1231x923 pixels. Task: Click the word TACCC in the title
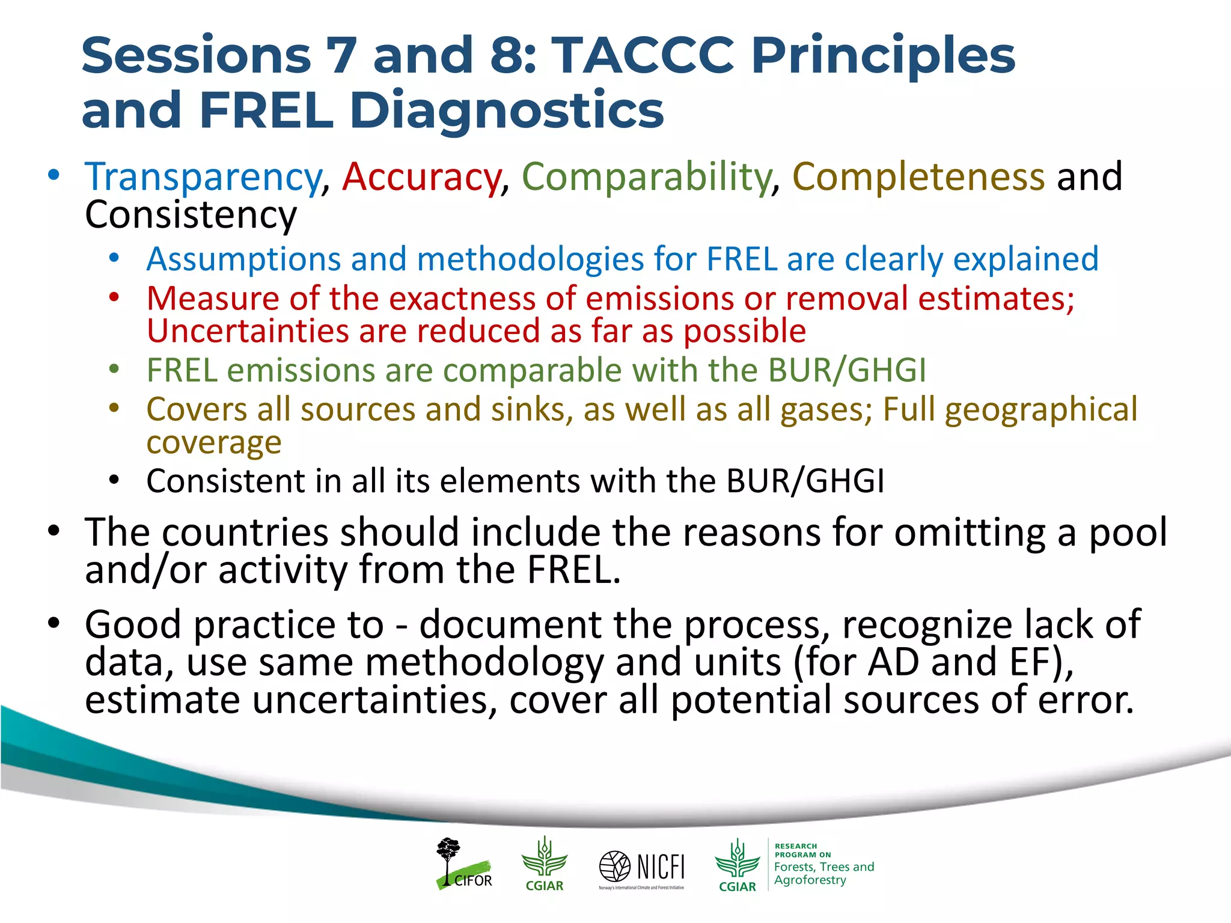click(x=643, y=55)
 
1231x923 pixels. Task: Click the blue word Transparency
click(x=203, y=177)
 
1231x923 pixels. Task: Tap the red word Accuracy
click(x=421, y=177)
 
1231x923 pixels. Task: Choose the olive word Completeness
click(x=918, y=177)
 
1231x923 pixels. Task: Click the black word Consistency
click(x=191, y=215)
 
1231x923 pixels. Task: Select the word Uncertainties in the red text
click(x=247, y=331)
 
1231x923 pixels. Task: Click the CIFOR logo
click(x=463, y=864)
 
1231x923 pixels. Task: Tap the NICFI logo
click(x=642, y=868)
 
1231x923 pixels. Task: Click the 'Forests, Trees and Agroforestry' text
click(x=823, y=873)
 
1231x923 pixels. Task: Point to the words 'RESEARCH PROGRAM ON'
click(x=802, y=850)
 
